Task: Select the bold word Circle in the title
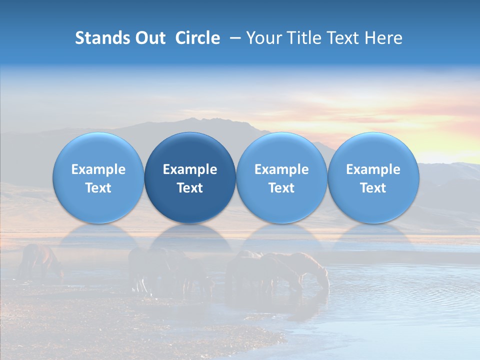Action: pyautogui.click(x=197, y=38)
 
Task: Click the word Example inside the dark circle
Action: pyautogui.click(x=190, y=169)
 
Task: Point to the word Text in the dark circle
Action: pyautogui.click(x=190, y=188)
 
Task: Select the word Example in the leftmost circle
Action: pyautogui.click(x=98, y=169)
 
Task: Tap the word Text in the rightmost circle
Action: pyautogui.click(x=373, y=188)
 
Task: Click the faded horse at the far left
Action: pyautogui.click(x=40, y=260)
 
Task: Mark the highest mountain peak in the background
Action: pyautogui.click(x=215, y=120)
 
